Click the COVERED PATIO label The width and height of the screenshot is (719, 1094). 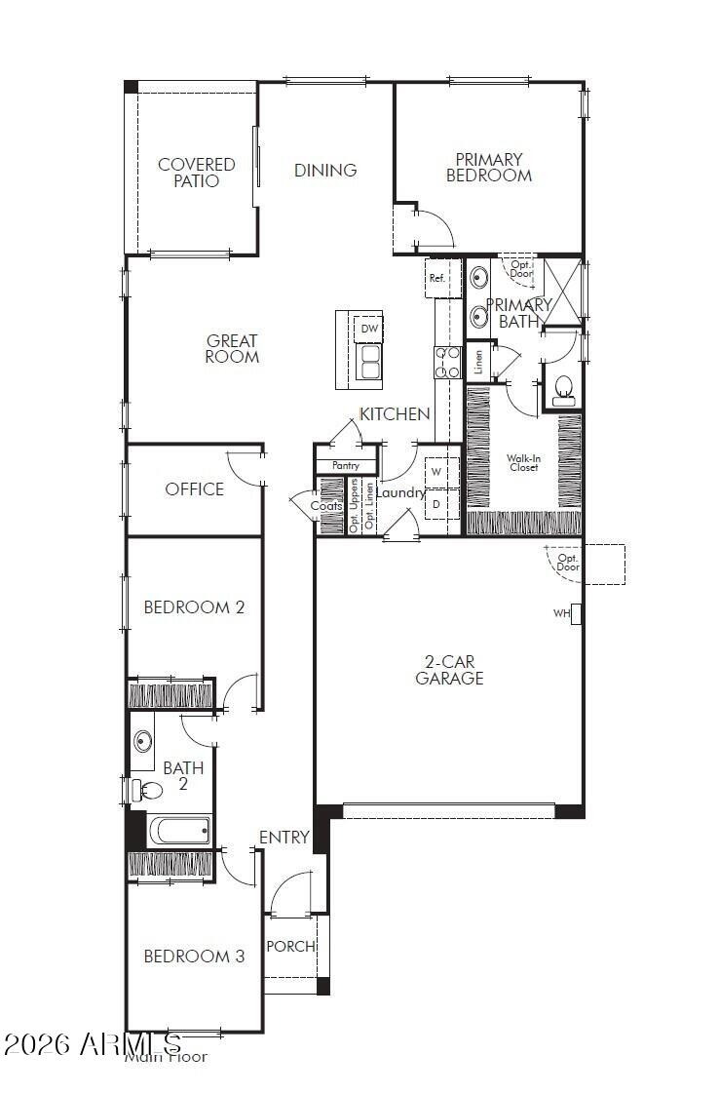point(197,173)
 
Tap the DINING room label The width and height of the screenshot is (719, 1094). point(325,170)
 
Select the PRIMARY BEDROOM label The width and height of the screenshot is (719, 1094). point(489,168)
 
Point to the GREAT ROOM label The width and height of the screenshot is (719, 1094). point(232,349)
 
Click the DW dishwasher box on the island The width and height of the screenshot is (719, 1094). point(369,329)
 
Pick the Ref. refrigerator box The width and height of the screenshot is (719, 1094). point(437,278)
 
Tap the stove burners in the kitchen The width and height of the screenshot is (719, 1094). point(447,363)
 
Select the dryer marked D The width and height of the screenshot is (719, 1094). point(437,504)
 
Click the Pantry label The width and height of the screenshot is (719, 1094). point(346,466)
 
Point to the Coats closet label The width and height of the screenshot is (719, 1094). point(326,506)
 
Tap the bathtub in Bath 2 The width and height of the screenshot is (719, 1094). point(179,832)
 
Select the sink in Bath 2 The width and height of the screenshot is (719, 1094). point(144,742)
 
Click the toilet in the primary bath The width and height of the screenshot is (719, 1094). point(564,392)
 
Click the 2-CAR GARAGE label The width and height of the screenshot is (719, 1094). point(449,670)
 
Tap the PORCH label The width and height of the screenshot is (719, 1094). point(290,946)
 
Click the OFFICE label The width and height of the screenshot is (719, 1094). point(195,489)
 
